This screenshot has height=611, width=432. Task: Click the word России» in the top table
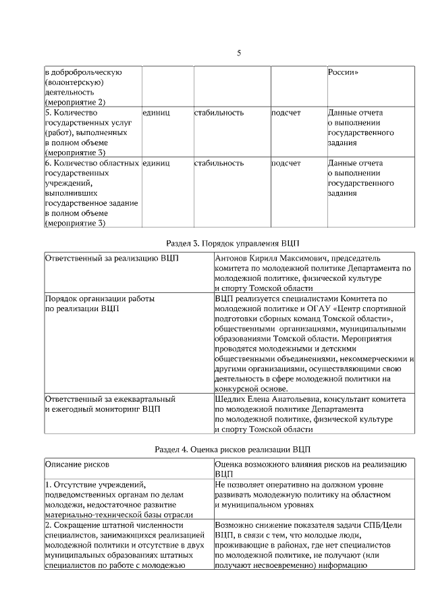342,72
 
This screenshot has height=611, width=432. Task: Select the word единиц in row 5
156,113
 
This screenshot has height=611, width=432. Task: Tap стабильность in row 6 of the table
219,163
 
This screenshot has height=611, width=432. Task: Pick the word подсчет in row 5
286,113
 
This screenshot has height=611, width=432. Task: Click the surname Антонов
231,258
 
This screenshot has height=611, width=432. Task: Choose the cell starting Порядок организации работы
99,298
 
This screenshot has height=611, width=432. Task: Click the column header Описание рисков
77,464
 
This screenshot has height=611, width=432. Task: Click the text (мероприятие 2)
75,102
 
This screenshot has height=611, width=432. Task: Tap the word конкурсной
238,389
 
